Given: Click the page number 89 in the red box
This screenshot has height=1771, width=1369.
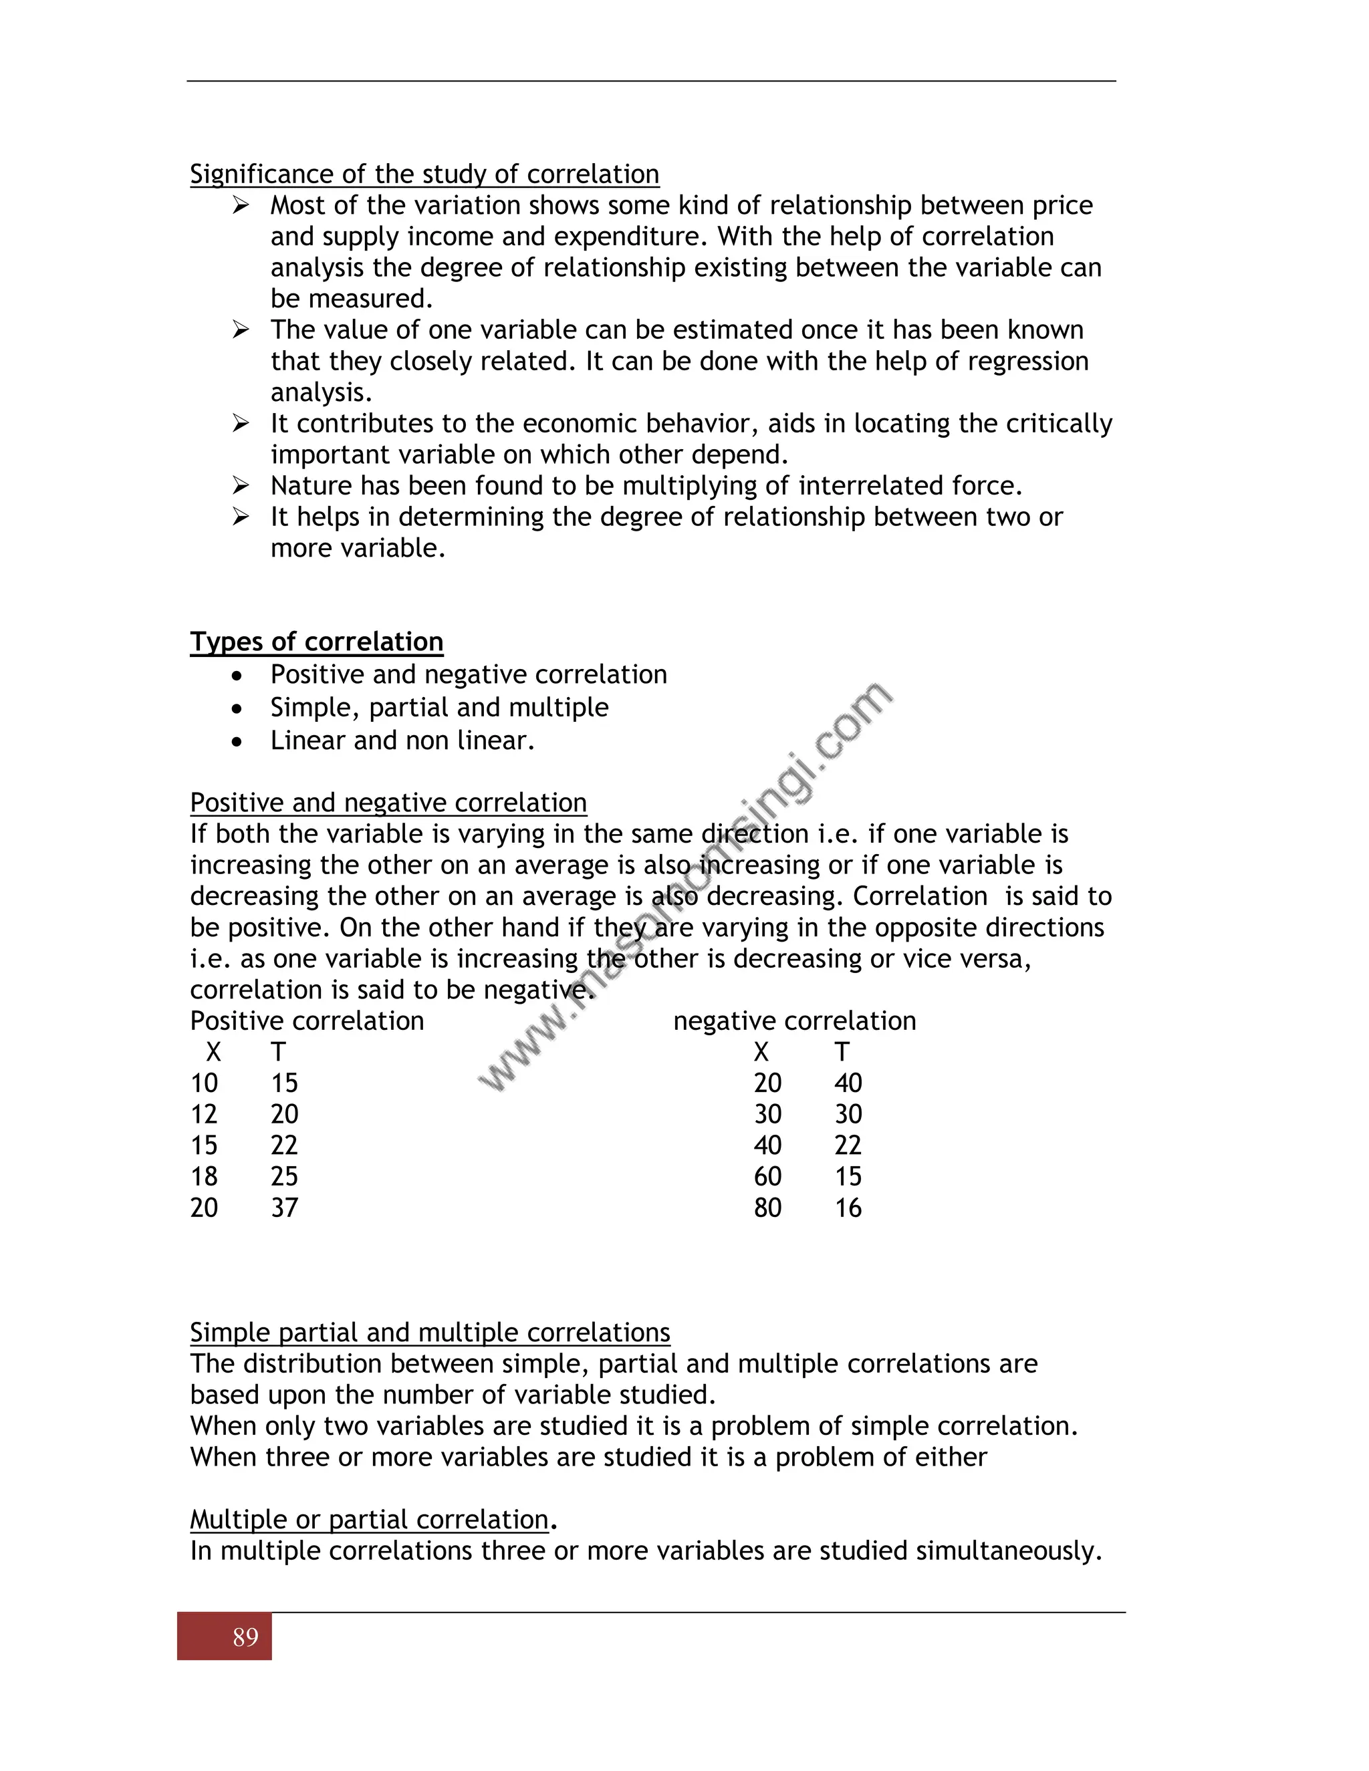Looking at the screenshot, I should [245, 1637].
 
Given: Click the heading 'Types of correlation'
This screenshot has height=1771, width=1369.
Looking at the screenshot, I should [316, 642].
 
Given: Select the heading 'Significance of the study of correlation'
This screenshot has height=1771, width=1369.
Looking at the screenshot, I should [424, 174].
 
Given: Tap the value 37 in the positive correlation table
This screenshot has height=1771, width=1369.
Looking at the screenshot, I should [284, 1208].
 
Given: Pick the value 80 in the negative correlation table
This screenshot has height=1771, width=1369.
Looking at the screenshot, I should [767, 1208].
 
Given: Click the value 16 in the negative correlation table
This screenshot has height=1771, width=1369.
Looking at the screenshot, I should [848, 1208].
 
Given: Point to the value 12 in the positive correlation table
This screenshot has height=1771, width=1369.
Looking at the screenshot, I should [204, 1114].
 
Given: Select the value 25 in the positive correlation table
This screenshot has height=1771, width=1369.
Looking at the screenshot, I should [284, 1177].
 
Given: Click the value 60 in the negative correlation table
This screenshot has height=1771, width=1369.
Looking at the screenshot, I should [767, 1177].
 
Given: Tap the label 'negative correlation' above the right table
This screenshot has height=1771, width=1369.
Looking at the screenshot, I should [794, 1021].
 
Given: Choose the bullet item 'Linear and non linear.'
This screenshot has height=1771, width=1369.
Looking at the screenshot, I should [402, 740].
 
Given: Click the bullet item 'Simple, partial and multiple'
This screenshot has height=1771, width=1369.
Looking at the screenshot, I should [439, 707].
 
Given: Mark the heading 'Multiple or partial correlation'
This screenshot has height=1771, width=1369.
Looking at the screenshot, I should [369, 1519].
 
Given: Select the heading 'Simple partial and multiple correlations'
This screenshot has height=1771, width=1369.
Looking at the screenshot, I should [430, 1333].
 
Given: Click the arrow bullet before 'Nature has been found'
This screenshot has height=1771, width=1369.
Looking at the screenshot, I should [240, 486].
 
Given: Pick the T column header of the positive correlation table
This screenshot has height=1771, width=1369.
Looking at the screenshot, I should [278, 1053].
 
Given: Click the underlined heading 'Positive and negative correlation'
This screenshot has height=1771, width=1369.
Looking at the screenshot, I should [388, 803].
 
